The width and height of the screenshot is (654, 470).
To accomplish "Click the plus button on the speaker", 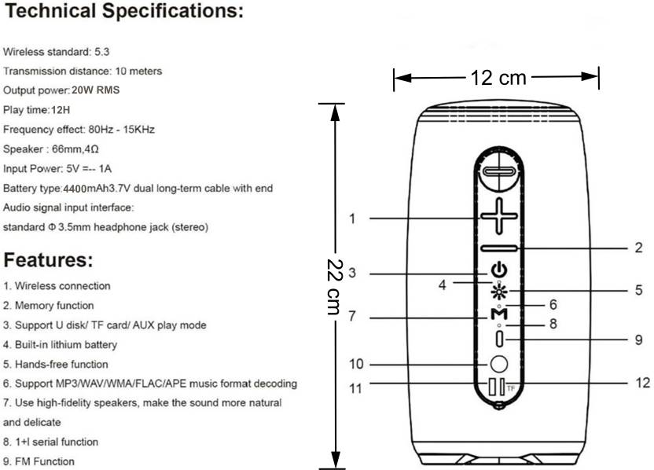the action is tap(499, 215).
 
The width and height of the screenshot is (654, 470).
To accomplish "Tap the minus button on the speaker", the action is tap(499, 248).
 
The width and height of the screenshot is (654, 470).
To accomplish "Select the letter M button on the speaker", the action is tap(499, 314).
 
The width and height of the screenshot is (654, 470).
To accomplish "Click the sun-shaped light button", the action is tap(499, 291).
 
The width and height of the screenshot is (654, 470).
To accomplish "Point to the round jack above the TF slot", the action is tap(499, 364).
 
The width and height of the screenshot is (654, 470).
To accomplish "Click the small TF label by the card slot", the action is tap(511, 389).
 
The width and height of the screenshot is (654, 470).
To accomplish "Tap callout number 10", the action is tap(356, 364).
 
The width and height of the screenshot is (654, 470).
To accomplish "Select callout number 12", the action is tap(642, 383).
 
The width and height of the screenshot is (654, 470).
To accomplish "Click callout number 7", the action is tap(352, 316).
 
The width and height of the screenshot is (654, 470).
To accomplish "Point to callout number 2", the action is tap(638, 248).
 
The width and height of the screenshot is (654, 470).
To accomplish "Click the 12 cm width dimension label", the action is tap(498, 78).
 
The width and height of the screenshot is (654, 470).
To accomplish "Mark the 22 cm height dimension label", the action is tap(335, 287).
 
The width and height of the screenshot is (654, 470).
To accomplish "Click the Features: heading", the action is tap(48, 260).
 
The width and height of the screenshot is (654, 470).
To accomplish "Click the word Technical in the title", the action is tap(50, 11).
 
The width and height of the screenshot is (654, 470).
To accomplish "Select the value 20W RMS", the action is tap(96, 90).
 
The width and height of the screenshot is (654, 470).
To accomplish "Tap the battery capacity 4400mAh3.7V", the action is tap(97, 189).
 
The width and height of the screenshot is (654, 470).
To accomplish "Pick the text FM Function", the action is tap(45, 461).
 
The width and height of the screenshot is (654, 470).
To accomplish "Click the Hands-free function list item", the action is tap(61, 364).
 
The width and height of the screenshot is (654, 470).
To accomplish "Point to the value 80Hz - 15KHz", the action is tap(121, 129).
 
